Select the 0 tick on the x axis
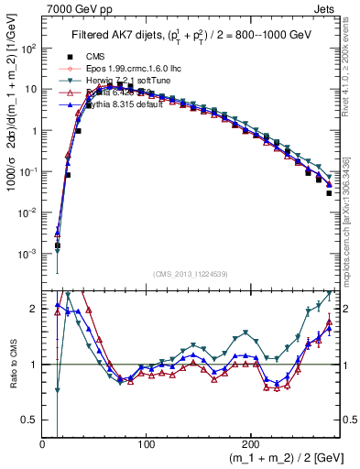click(x=43, y=443)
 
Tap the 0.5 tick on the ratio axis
click(x=30, y=420)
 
